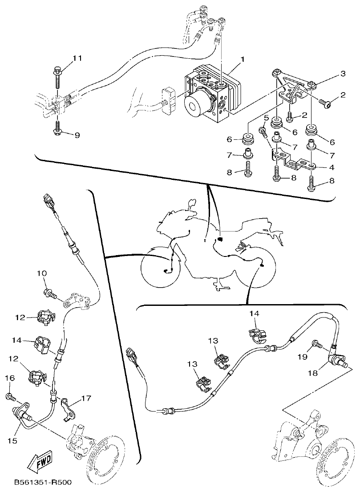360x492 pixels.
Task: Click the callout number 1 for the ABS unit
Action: pyautogui.click(x=243, y=58)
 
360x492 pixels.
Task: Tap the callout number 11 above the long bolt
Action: pyautogui.click(x=77, y=58)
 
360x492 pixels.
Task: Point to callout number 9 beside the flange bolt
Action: pyautogui.click(x=77, y=135)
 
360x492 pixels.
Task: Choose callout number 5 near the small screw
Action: pyautogui.click(x=267, y=118)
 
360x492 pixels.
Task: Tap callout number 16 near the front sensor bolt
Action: pyautogui.click(x=10, y=378)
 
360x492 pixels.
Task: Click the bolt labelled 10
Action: pyautogui.click(x=50, y=293)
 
